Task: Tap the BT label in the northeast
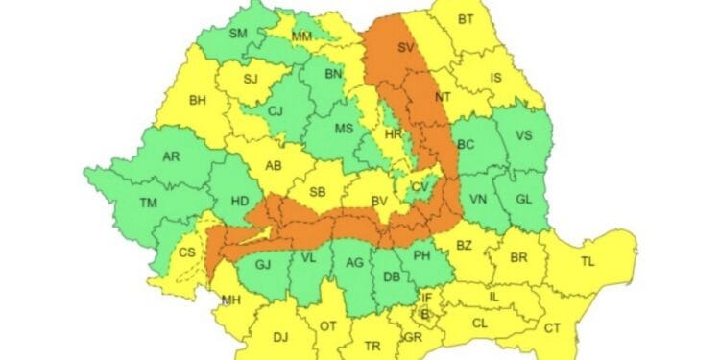pyautogui.click(x=466, y=19)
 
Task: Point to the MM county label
pyautogui.click(x=301, y=36)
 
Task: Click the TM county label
pyautogui.click(x=148, y=203)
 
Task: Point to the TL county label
pyautogui.click(x=588, y=260)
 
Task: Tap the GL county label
pyautogui.click(x=524, y=200)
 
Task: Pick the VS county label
pyautogui.click(x=524, y=135)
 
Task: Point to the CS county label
pyautogui.click(x=185, y=253)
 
